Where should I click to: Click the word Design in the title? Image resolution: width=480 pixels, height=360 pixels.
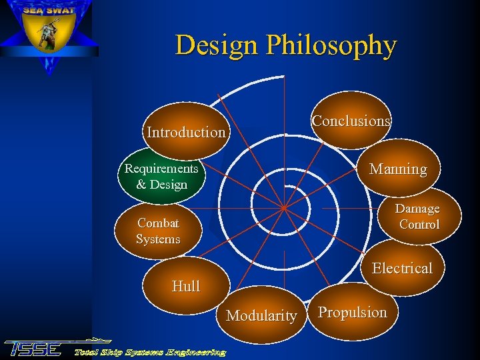coord(217,45)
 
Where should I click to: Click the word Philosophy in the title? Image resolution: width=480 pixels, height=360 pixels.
coord(331,45)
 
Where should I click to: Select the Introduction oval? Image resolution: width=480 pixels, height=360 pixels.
coord(186,131)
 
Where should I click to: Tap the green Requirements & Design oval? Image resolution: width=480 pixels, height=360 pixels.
coord(161,177)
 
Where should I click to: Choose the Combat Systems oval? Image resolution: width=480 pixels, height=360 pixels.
coord(158,231)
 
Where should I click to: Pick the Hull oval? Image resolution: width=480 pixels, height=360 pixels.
coord(186,287)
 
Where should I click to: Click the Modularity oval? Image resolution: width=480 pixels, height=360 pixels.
coord(261,315)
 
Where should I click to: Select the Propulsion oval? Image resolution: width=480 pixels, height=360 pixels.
coord(352,312)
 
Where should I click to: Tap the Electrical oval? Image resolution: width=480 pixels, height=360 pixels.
coord(402,268)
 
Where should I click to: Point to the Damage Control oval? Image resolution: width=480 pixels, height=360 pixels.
coord(418,217)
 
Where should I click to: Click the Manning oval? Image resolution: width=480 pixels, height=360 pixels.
coord(398,169)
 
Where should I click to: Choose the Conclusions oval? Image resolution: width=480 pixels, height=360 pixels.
coord(351,121)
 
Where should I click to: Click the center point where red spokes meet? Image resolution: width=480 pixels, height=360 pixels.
coord(283,208)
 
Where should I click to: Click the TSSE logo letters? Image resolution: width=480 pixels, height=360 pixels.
coord(33,349)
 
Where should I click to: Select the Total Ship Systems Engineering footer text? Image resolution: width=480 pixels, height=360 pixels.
coord(149,351)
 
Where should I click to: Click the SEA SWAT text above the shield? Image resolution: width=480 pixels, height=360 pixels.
coord(49,10)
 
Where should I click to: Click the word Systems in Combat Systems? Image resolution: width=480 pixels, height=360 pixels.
coord(158,239)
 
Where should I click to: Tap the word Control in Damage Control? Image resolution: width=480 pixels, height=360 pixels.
coord(419,225)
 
